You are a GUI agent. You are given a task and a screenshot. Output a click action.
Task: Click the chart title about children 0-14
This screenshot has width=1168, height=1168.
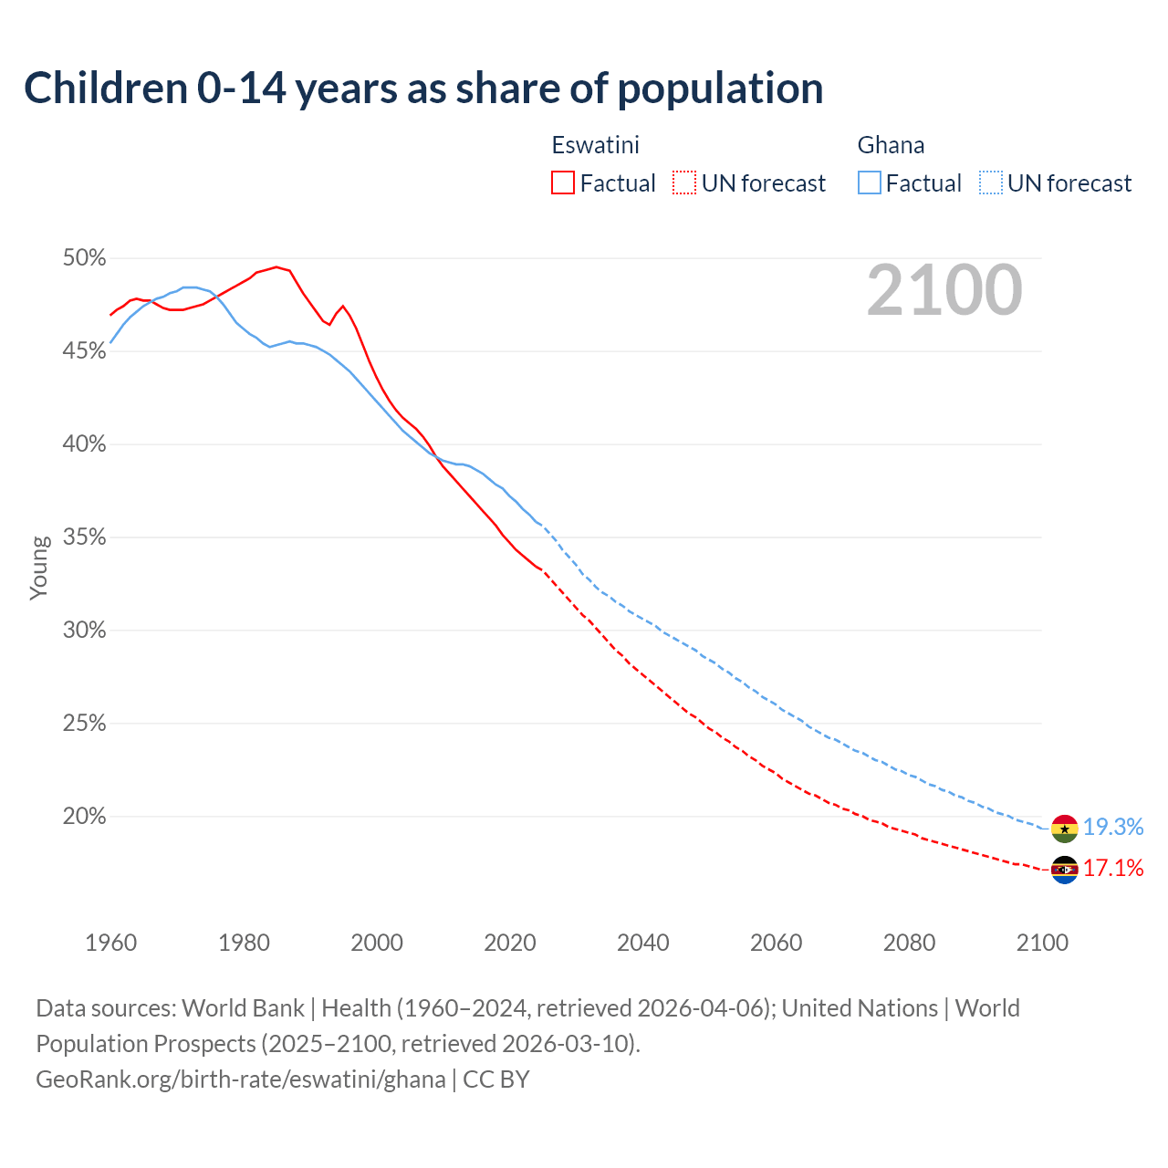[423, 89]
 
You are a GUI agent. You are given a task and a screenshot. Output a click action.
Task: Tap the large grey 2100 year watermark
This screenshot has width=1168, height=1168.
[944, 290]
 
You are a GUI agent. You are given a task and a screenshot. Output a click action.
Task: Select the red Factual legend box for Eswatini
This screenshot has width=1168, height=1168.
[563, 183]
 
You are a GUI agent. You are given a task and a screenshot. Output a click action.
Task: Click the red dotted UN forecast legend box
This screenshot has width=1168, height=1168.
[684, 183]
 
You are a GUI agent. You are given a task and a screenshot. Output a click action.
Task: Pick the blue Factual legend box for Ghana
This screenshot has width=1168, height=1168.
[870, 183]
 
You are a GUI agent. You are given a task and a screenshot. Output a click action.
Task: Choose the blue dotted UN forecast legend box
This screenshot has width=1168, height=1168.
[991, 183]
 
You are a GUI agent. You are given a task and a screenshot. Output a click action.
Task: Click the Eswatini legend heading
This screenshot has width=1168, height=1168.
[595, 145]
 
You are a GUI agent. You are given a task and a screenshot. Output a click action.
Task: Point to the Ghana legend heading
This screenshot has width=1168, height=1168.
[891, 145]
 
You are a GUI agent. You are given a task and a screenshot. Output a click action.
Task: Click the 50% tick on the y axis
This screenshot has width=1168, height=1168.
[84, 258]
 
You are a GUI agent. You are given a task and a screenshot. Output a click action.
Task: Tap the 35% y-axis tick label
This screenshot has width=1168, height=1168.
[84, 537]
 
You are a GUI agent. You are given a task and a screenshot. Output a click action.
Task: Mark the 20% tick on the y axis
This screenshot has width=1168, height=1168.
[84, 817]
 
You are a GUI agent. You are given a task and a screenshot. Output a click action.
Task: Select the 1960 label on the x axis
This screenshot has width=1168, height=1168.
[110, 943]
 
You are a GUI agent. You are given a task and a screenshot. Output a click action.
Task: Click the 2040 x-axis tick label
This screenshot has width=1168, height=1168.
[642, 943]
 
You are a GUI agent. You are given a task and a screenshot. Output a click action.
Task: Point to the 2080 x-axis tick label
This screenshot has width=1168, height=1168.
[909, 943]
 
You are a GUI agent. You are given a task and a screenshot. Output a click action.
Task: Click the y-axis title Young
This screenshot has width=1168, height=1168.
[38, 568]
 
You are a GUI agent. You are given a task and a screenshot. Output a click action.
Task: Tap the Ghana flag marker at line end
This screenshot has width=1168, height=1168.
[1065, 829]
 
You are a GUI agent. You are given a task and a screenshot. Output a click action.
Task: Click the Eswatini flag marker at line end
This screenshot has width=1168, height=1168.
[1065, 870]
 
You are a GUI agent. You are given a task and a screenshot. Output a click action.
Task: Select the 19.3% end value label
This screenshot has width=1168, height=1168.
[1113, 828]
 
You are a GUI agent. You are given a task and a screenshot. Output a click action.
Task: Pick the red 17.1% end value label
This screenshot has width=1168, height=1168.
[1113, 869]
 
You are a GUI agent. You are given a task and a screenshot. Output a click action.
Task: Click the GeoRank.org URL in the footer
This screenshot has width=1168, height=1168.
[241, 1079]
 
